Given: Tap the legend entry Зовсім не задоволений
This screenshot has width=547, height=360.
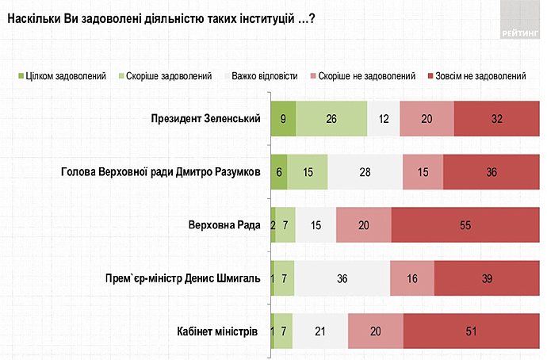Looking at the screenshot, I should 482,76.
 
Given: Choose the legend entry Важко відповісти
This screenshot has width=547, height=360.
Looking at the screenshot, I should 263,76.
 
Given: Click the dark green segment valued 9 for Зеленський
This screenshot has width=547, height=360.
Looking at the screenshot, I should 283,119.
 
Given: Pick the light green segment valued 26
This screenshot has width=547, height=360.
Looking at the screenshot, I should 331,119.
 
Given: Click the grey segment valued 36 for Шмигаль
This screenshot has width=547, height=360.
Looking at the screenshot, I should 342,278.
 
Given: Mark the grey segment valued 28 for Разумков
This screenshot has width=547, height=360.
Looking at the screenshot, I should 365,171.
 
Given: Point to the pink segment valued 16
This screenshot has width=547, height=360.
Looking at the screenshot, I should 412,278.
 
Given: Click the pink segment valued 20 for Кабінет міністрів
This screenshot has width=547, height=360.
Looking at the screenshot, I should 375,330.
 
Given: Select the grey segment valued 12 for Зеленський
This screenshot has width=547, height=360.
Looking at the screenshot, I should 384,119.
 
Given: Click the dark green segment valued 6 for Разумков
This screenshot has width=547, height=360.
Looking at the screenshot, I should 278,171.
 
